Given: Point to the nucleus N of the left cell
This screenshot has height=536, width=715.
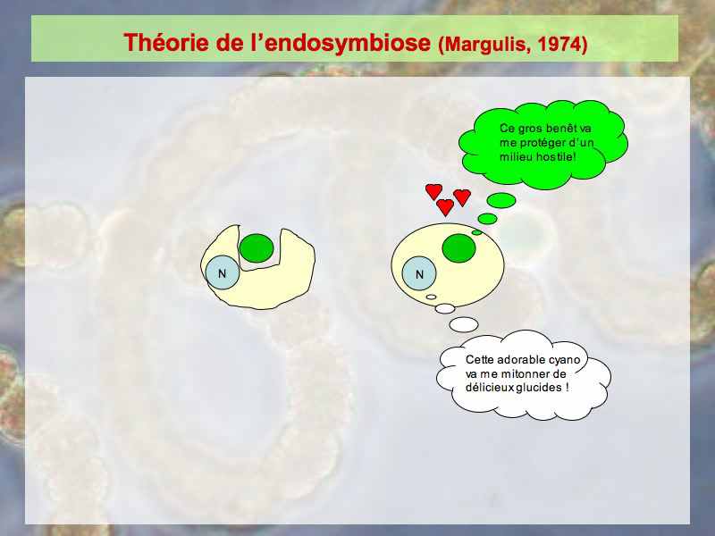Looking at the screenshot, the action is [x=222, y=273].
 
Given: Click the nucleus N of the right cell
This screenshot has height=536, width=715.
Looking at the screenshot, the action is [x=419, y=273].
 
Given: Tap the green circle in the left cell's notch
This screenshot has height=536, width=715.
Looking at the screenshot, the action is [x=257, y=248].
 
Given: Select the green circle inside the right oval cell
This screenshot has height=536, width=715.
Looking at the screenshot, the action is [x=458, y=248].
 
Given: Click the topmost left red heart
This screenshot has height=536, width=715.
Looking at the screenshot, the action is [x=433, y=191].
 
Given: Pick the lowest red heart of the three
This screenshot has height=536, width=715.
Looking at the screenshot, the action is [x=445, y=207].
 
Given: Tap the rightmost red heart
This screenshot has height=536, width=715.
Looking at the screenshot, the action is [x=462, y=197].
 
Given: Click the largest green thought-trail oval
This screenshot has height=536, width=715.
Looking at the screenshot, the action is [x=501, y=200].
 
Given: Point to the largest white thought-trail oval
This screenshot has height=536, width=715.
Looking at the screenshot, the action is [x=464, y=324].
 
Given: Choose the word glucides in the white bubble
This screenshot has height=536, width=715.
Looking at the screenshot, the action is [x=540, y=388].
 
